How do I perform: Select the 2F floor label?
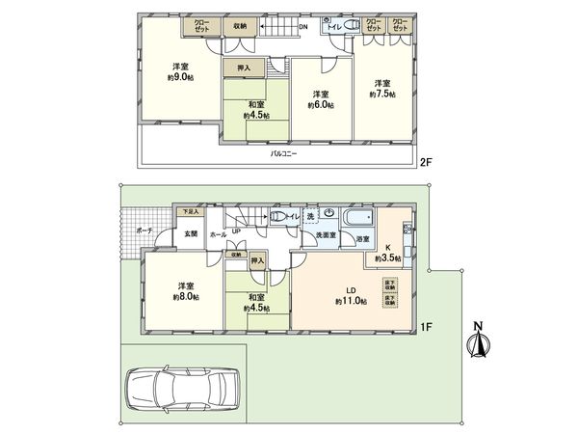(x=424, y=163)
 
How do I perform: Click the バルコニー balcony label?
(x=282, y=152)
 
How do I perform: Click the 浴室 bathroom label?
(x=362, y=237)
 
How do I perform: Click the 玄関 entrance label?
(x=191, y=233)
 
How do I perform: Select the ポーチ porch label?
(x=144, y=231)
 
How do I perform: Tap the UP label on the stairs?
(x=236, y=230)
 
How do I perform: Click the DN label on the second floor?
(x=303, y=28)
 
